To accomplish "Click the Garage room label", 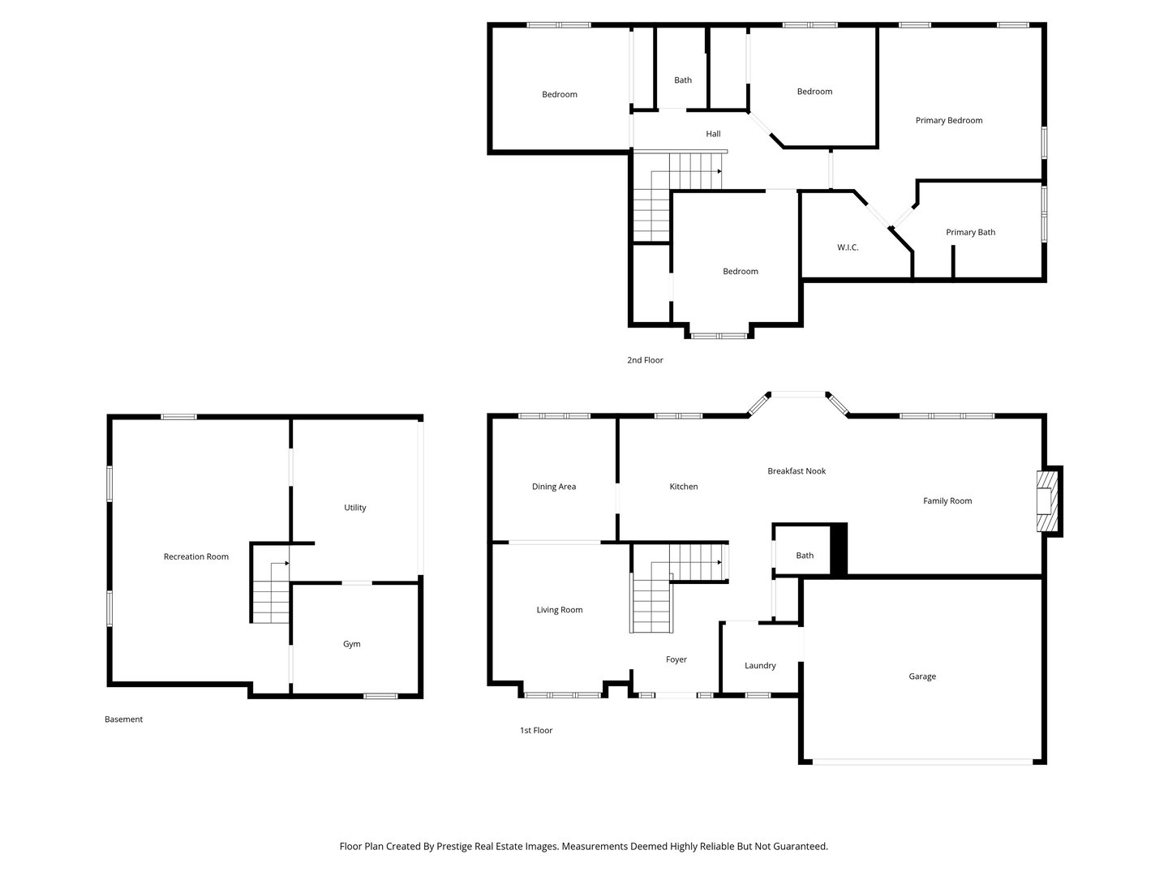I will click(x=922, y=676).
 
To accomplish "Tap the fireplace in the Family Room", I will click(x=1048, y=501).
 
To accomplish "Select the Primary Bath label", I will click(x=970, y=233).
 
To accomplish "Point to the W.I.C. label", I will click(x=848, y=247).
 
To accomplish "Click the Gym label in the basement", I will click(x=351, y=644).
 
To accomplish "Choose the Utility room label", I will click(x=355, y=508).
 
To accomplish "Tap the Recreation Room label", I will click(x=196, y=556).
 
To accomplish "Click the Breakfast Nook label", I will click(x=797, y=471).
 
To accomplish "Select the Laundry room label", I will click(x=760, y=666).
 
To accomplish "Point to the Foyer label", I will click(x=676, y=659).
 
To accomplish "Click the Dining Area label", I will click(x=554, y=487).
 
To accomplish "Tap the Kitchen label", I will click(x=684, y=487).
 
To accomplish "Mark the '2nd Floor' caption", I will click(x=645, y=360).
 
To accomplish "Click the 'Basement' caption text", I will click(x=123, y=719).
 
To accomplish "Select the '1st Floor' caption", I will click(x=536, y=731).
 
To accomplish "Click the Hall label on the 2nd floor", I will click(x=713, y=134).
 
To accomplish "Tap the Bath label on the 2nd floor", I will click(x=683, y=80).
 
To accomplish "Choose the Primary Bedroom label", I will click(x=949, y=121).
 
